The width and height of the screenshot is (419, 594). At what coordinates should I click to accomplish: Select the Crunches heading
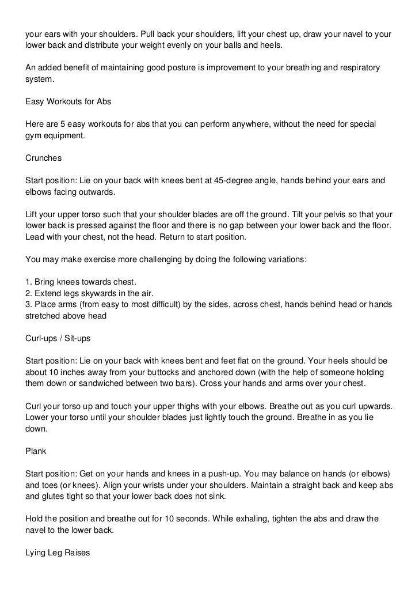click(44, 157)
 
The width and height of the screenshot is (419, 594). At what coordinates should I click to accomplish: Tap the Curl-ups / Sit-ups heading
click(58, 338)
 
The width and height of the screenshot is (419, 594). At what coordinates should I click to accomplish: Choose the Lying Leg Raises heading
click(58, 552)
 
